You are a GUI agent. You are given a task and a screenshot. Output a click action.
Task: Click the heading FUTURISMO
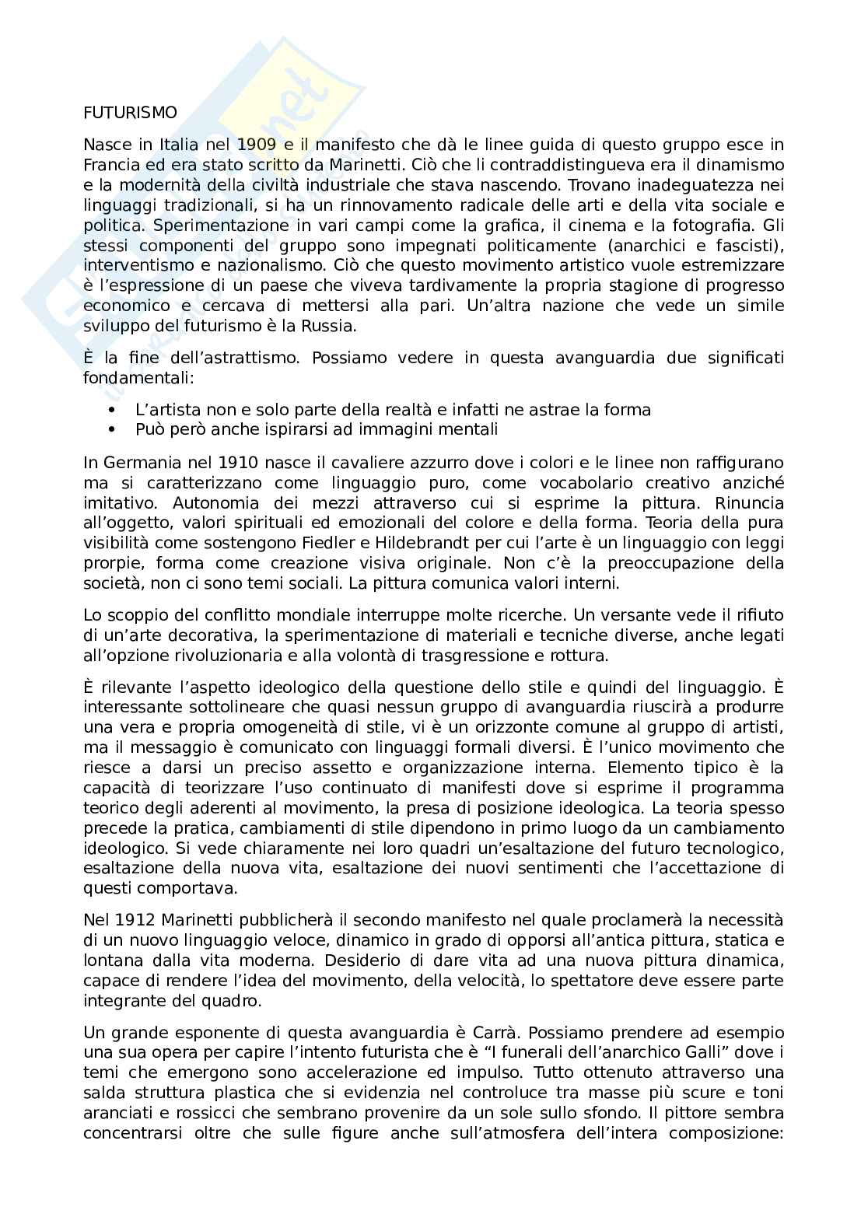click(130, 113)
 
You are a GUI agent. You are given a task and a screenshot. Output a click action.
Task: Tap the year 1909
click(256, 145)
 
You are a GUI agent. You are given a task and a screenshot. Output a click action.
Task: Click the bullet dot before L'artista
click(113, 410)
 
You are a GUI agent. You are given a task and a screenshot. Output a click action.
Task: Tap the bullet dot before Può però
click(113, 429)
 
